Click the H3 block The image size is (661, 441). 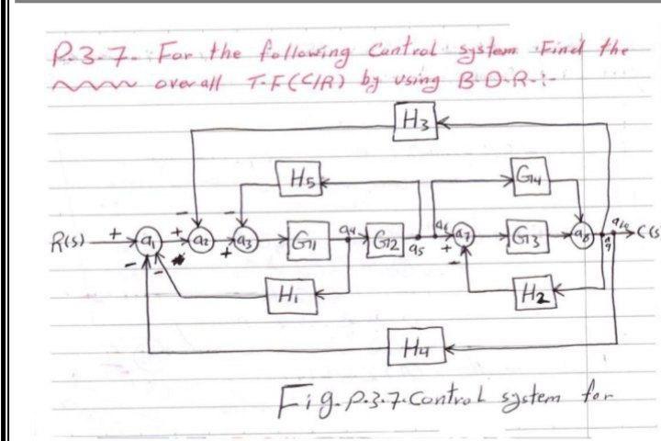pos(405,119)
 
